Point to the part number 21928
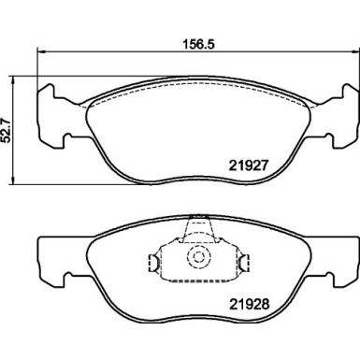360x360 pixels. [250, 304]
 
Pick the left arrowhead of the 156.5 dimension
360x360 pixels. [39, 52]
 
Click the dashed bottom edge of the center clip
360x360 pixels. [197, 278]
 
